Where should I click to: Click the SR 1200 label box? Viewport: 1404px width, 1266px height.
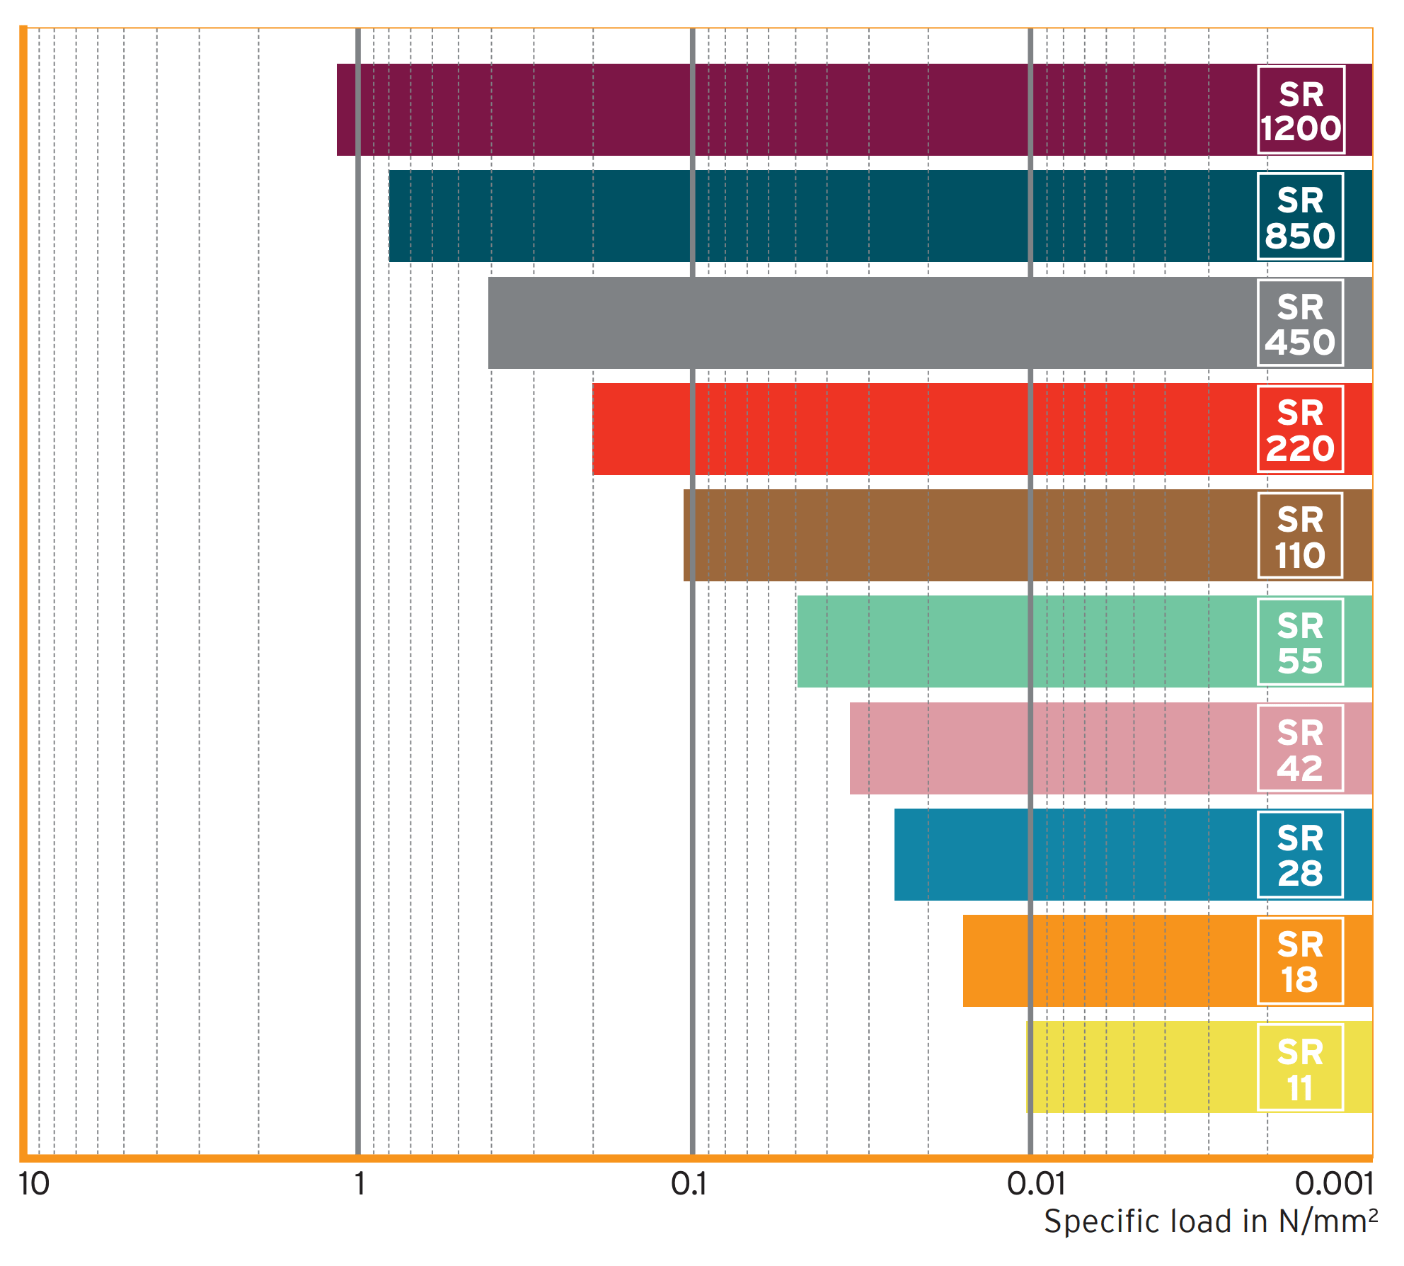[1301, 110]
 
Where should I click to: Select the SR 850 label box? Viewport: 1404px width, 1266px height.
[1300, 216]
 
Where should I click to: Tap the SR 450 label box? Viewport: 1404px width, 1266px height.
[1300, 323]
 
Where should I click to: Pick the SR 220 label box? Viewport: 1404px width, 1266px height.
[1300, 429]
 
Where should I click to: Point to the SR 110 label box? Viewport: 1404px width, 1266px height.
[1300, 535]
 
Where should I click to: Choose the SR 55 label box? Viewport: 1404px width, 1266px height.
[1300, 641]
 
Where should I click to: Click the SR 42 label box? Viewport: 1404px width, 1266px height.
[1300, 748]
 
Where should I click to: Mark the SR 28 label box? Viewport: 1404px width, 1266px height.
[1300, 855]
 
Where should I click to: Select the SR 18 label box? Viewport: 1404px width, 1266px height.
[1300, 961]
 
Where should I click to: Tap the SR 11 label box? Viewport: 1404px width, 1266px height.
[1300, 1067]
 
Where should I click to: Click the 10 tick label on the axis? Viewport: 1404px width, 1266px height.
[34, 1184]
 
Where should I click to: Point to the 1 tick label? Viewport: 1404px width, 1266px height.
[359, 1184]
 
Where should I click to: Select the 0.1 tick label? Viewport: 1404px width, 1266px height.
[689, 1184]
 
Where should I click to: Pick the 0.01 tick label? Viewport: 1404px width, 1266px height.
[1035, 1184]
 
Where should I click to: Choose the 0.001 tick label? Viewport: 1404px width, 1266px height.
[1334, 1184]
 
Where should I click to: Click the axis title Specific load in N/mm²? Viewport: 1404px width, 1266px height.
[1210, 1221]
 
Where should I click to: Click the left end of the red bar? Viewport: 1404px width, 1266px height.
[594, 429]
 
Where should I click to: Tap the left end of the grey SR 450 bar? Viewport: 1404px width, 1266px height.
[490, 323]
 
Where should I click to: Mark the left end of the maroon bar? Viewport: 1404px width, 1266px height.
[339, 110]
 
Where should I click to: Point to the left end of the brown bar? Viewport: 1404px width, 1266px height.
[686, 535]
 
